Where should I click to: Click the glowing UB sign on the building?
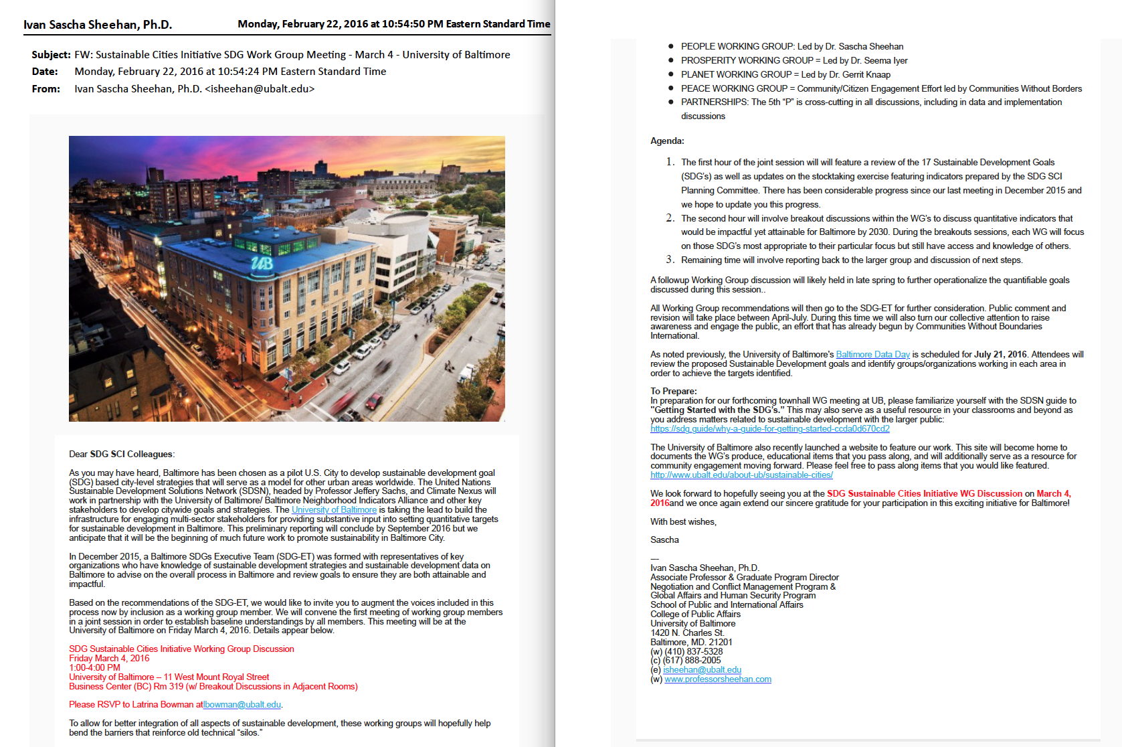(x=262, y=263)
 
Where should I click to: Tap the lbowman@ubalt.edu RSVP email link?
(x=242, y=705)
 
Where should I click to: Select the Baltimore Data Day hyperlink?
(x=872, y=355)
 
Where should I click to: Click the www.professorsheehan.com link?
(x=718, y=679)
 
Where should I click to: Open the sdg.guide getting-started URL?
(x=769, y=429)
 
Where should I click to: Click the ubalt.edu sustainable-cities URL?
(x=741, y=475)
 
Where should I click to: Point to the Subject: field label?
(x=51, y=55)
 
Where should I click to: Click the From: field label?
(x=45, y=89)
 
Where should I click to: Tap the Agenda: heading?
(x=667, y=141)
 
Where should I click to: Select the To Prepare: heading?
(x=673, y=392)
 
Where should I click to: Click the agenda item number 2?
(x=670, y=218)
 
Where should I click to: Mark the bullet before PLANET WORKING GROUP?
(x=670, y=74)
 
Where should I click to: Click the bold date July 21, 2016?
(x=1000, y=355)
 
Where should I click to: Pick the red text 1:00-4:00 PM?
(x=94, y=668)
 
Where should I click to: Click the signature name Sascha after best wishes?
(x=664, y=540)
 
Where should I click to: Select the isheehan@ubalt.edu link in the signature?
(x=702, y=670)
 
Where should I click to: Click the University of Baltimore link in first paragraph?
(x=334, y=510)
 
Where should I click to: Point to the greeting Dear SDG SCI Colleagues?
(x=121, y=454)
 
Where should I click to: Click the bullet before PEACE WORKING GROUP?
(x=670, y=88)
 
